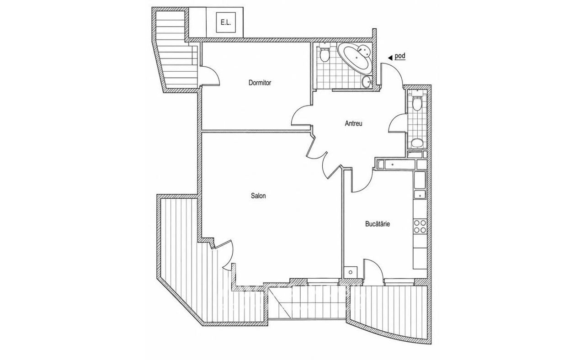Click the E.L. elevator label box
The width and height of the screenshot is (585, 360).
(x=226, y=22)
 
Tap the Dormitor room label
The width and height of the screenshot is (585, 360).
(x=260, y=83)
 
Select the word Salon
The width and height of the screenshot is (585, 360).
(x=258, y=196)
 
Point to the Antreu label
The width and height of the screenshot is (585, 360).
(x=354, y=123)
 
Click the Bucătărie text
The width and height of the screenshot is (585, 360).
(x=378, y=224)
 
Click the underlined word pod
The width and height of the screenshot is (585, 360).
(x=400, y=56)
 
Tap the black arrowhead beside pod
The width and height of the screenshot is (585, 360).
(x=390, y=58)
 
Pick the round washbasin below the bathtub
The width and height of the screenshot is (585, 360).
(x=367, y=82)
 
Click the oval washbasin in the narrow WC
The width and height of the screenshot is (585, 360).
(x=417, y=143)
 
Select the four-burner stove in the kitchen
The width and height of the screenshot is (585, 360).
(x=420, y=226)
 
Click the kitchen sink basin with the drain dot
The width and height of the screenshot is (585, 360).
(x=420, y=195)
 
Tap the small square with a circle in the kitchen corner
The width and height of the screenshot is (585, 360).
(x=351, y=272)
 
